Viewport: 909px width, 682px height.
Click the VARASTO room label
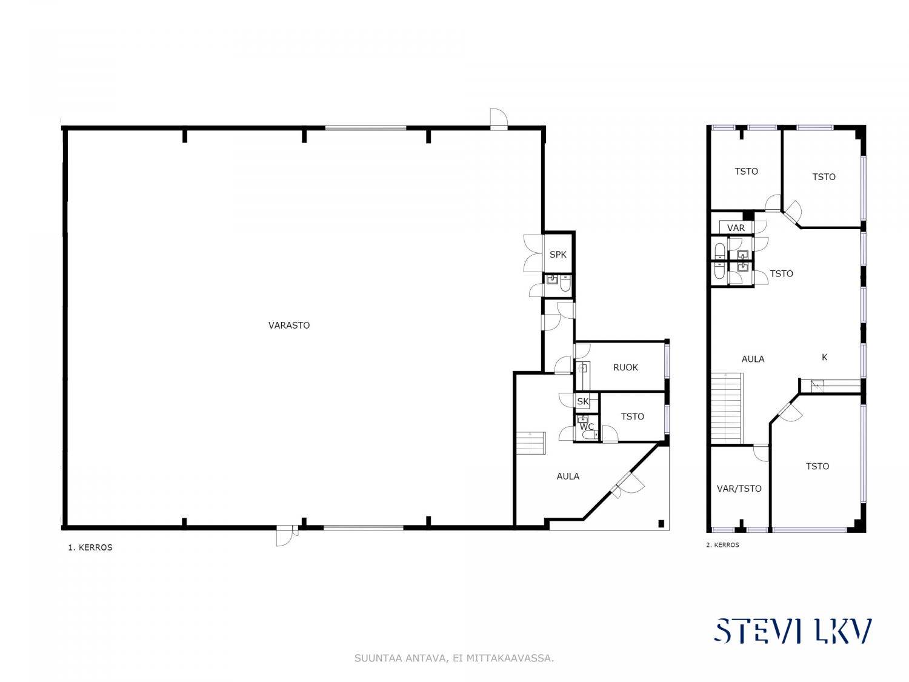pyautogui.click(x=288, y=325)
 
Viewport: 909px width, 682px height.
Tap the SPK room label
pyautogui.click(x=558, y=255)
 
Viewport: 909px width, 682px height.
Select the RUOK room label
pyautogui.click(x=625, y=367)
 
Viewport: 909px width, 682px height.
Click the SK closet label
pyautogui.click(x=583, y=401)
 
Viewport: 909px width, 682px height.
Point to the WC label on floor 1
pyautogui.click(x=587, y=427)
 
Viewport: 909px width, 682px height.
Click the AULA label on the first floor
pyautogui.click(x=568, y=476)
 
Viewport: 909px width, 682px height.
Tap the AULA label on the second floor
pyautogui.click(x=753, y=359)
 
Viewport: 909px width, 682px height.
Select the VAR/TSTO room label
pyautogui.click(x=739, y=489)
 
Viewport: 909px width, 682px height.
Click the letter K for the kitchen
pyautogui.click(x=824, y=357)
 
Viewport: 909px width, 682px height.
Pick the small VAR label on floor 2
pyautogui.click(x=736, y=228)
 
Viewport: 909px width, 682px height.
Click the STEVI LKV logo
pyautogui.click(x=793, y=631)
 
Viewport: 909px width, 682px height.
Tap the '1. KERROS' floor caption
pyautogui.click(x=90, y=547)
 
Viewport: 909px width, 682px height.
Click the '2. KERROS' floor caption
pyautogui.click(x=722, y=545)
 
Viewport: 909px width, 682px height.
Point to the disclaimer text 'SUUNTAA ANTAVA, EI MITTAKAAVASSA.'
pyautogui.click(x=454, y=658)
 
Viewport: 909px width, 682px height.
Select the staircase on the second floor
pyautogui.click(x=727, y=408)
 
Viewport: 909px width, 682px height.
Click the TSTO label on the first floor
pyautogui.click(x=633, y=416)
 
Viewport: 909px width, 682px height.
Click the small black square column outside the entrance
pyautogui.click(x=661, y=523)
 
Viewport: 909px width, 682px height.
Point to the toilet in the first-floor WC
pyautogui.click(x=590, y=435)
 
